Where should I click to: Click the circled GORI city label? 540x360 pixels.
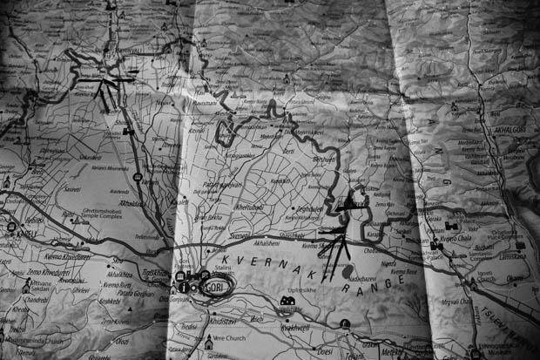point(217,287)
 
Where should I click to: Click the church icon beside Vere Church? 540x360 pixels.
point(209,343)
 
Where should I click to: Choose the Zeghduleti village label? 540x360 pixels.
point(310,209)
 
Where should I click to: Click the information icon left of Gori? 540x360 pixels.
point(184,287)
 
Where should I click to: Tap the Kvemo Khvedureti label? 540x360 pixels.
point(65,256)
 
